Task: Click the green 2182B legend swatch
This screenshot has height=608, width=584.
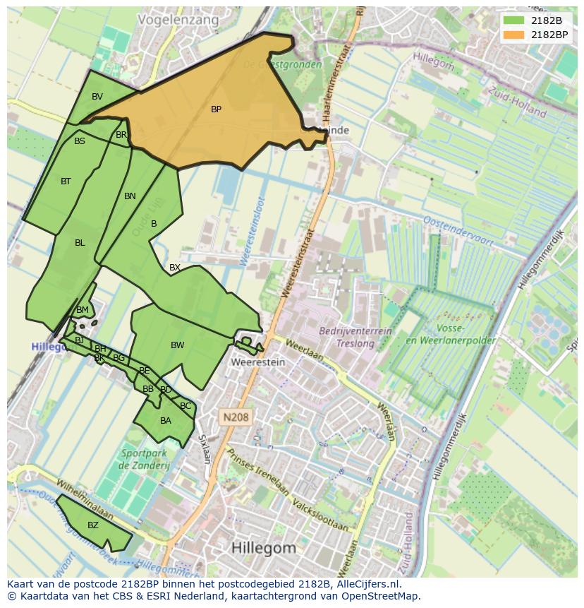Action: pyautogui.click(x=514, y=20)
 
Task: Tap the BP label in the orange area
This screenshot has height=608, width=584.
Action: pyautogui.click(x=216, y=109)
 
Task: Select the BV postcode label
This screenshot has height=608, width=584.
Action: pyautogui.click(x=97, y=96)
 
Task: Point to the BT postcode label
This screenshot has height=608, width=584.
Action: pyautogui.click(x=66, y=181)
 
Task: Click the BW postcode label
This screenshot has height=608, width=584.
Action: pyautogui.click(x=177, y=345)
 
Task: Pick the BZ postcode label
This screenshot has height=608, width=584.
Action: pyautogui.click(x=93, y=525)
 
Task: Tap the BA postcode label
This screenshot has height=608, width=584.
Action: pyautogui.click(x=166, y=421)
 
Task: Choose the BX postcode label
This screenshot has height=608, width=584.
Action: pyautogui.click(x=174, y=268)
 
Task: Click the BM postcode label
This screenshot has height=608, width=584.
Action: pyautogui.click(x=83, y=310)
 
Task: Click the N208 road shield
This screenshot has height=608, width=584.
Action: pyautogui.click(x=235, y=417)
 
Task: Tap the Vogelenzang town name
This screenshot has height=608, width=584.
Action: pyautogui.click(x=178, y=20)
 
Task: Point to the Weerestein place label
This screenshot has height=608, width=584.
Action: pyautogui.click(x=257, y=362)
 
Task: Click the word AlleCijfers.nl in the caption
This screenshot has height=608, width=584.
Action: pyautogui.click(x=368, y=584)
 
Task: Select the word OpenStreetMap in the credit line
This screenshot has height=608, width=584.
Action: pyautogui.click(x=382, y=596)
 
